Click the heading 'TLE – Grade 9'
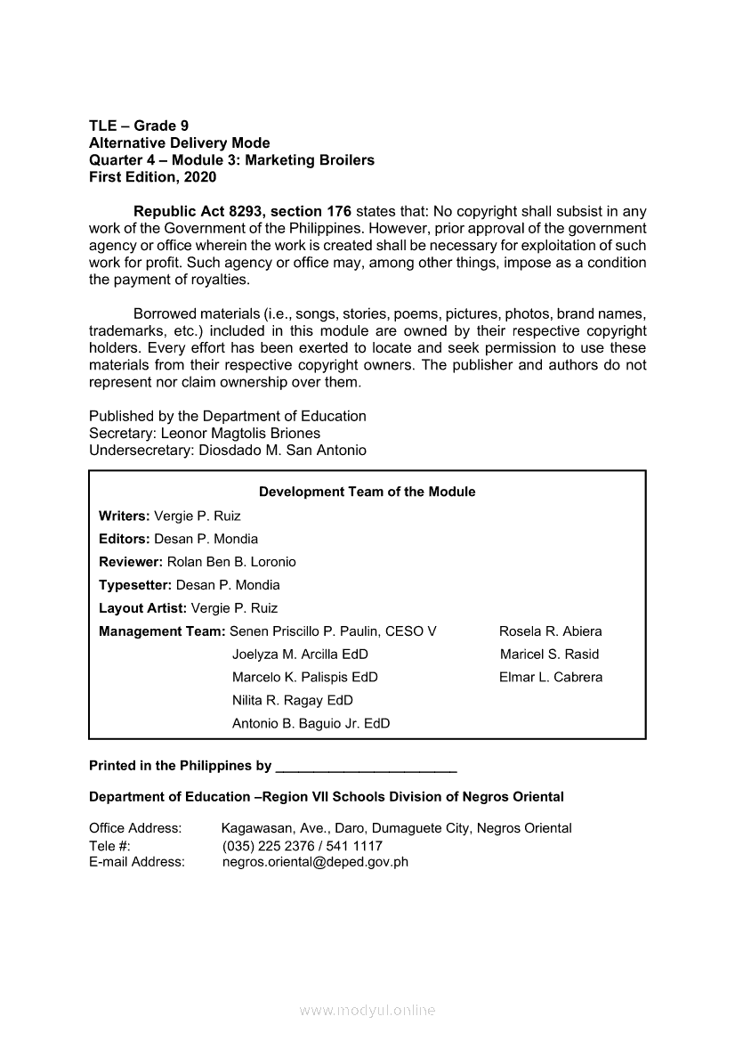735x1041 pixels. click(x=139, y=126)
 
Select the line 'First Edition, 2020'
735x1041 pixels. click(x=152, y=177)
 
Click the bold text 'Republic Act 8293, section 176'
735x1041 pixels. click(x=242, y=212)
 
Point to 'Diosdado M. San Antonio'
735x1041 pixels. click(x=291, y=451)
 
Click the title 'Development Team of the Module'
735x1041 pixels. click(x=367, y=492)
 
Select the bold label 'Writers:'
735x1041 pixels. click(x=125, y=516)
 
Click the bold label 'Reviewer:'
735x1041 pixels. click(x=131, y=562)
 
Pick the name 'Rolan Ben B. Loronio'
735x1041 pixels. click(x=231, y=562)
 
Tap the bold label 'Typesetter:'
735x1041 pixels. click(x=135, y=585)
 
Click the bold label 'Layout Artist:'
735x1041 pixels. click(x=143, y=608)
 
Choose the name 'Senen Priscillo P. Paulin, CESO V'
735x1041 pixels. click(x=333, y=631)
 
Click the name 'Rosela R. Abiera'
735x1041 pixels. click(x=550, y=631)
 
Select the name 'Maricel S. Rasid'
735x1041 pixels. click(x=549, y=654)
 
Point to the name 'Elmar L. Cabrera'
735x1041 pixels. click(x=551, y=677)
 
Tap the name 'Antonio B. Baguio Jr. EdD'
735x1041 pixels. click(x=311, y=723)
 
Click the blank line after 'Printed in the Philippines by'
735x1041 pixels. click(x=367, y=768)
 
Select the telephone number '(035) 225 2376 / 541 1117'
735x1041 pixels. click(x=302, y=845)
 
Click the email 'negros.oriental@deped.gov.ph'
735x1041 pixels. click(x=315, y=862)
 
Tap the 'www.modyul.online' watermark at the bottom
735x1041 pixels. click(x=367, y=1011)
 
